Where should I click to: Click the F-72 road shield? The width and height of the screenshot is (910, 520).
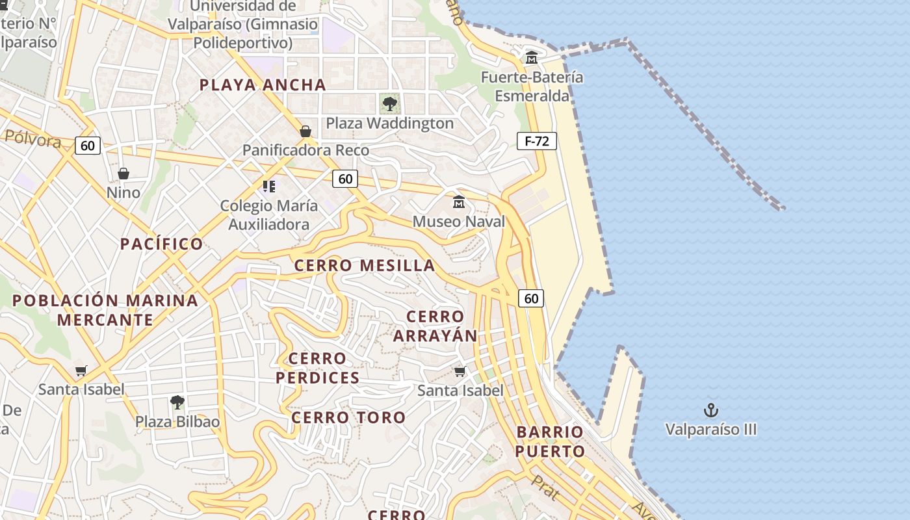tap(537, 141)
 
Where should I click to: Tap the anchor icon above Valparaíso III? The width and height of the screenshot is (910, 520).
tap(711, 410)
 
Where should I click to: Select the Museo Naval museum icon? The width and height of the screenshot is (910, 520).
tap(459, 202)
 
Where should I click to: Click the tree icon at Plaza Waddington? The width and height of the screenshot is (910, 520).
tap(389, 103)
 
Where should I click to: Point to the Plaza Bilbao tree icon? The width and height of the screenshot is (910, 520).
tap(177, 402)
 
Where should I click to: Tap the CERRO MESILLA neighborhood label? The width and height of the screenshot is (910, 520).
tap(364, 265)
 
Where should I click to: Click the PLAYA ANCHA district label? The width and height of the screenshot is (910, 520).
tap(263, 84)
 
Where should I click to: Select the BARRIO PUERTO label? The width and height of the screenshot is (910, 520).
tap(551, 441)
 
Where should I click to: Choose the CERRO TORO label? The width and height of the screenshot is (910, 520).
tap(348, 417)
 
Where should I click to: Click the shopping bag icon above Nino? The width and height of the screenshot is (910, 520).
tap(123, 174)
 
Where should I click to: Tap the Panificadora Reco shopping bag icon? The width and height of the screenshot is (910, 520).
tap(305, 131)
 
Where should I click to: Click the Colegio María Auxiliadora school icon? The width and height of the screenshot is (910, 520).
tap(269, 187)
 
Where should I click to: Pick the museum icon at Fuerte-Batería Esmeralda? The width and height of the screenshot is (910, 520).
tap(532, 57)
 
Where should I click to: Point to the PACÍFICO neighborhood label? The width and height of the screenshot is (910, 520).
tap(162, 244)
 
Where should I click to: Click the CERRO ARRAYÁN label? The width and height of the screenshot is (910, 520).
tap(435, 326)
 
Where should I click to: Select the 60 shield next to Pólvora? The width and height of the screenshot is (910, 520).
tap(88, 146)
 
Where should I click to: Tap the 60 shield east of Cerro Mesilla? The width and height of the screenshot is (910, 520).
tap(531, 298)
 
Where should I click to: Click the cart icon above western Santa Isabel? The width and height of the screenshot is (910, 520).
tap(81, 371)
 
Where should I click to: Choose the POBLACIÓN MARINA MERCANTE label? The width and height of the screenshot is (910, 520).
tap(105, 310)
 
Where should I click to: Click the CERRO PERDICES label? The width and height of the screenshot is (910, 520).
tap(317, 368)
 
